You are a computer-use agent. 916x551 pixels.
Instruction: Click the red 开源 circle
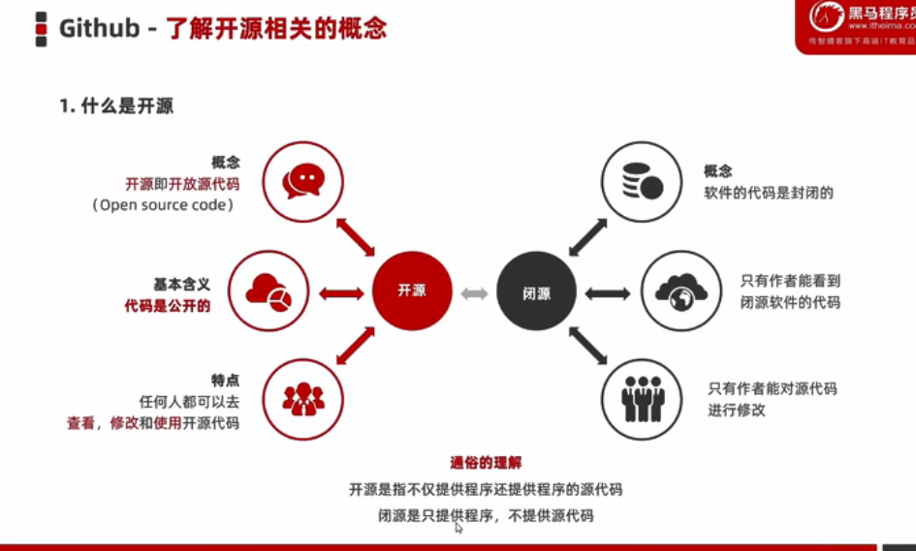412,291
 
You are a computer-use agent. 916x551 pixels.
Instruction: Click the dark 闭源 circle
536,292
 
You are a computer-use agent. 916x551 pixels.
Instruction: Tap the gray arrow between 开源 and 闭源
474,292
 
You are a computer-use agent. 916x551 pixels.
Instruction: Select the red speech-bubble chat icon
302,181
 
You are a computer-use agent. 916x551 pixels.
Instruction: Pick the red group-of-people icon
303,398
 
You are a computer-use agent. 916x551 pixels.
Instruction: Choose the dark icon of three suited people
642,398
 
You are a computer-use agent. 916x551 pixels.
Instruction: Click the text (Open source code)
163,205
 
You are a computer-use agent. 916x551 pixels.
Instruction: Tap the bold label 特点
225,380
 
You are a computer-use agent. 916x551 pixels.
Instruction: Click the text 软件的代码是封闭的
769,193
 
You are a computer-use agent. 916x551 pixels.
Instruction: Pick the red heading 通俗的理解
487,463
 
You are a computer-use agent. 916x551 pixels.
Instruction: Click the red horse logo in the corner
827,16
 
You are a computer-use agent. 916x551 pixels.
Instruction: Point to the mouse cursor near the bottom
458,527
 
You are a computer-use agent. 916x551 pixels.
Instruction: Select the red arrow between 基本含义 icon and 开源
341,292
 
